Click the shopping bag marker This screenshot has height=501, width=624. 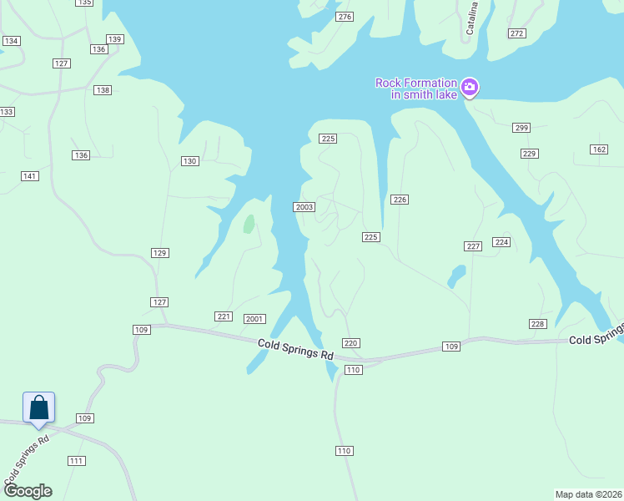pyautogui.click(x=39, y=407)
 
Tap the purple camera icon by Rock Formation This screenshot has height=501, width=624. pyautogui.click(x=470, y=86)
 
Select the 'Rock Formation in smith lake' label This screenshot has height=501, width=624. pyautogui.click(x=416, y=89)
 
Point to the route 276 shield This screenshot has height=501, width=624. pyautogui.click(x=345, y=17)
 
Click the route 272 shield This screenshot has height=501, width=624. pyautogui.click(x=517, y=33)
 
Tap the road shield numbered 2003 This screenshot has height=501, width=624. pyautogui.click(x=304, y=207)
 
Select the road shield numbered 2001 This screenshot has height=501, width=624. pyautogui.click(x=254, y=319)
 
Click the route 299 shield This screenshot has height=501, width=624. pyautogui.click(x=521, y=128)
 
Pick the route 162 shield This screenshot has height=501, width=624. pyautogui.click(x=598, y=149)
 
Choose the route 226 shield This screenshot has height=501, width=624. pyautogui.click(x=400, y=199)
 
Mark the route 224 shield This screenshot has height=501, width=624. pyautogui.click(x=501, y=242)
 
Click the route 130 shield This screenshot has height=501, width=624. pyautogui.click(x=190, y=161)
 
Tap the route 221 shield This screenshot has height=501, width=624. pyautogui.click(x=223, y=316)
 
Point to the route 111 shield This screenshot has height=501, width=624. pyautogui.click(x=77, y=461)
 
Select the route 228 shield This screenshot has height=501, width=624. pyautogui.click(x=537, y=324)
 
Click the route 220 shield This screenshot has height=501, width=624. pyautogui.click(x=351, y=343)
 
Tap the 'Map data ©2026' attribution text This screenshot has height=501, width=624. pyautogui.click(x=589, y=493)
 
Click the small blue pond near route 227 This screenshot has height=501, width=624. pyautogui.click(x=456, y=276)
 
